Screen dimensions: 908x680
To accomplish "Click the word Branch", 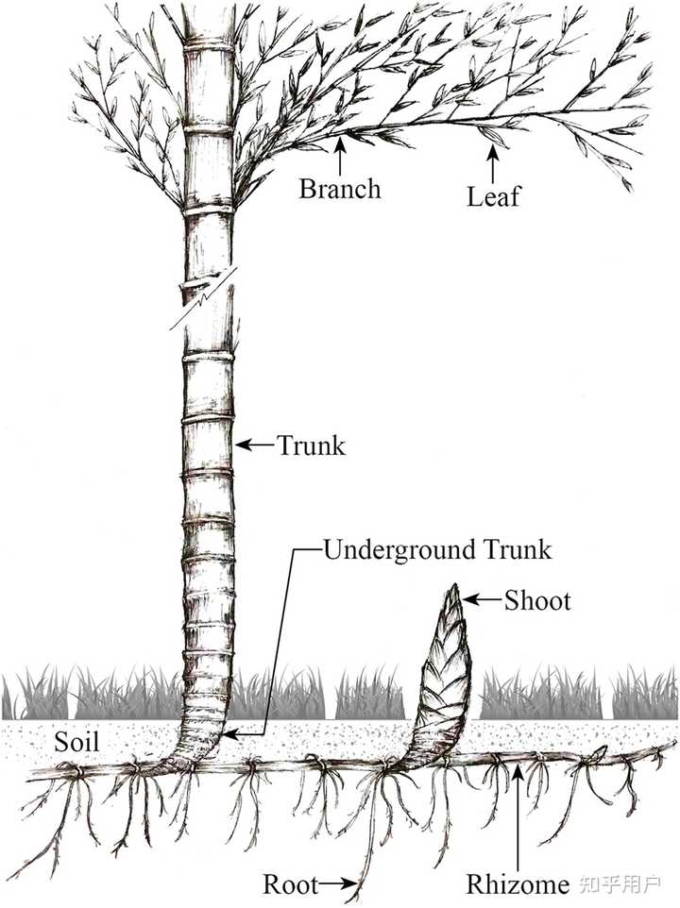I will (340, 188).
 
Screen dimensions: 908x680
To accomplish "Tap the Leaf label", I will (494, 197).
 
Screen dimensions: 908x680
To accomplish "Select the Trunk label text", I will (311, 445).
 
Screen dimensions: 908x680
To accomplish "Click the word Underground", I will (393, 549).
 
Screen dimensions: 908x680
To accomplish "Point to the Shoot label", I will (537, 599).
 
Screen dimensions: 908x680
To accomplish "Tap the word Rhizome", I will (518, 884).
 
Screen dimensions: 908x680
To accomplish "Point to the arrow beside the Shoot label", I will (483, 598).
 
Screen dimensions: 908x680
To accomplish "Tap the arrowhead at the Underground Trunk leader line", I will (232, 731).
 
